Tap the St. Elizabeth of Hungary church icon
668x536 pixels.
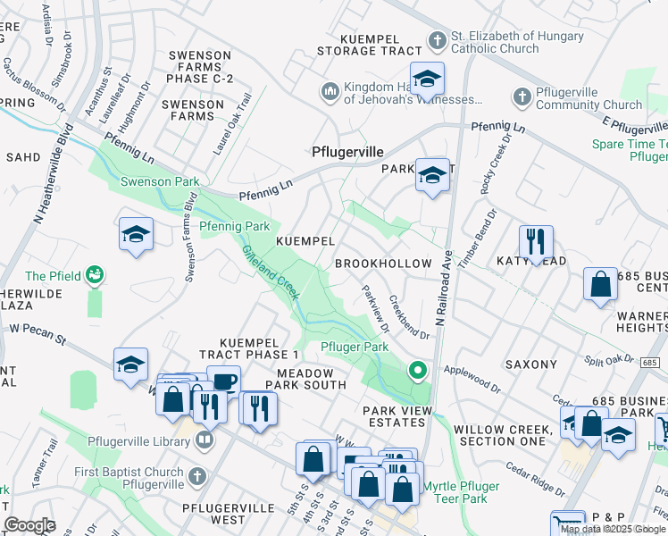coord(437,40)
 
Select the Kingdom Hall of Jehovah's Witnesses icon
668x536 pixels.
coord(330,90)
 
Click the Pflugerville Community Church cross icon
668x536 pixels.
coord(522,96)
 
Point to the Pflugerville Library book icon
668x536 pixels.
coord(205,440)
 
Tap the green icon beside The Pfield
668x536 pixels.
coord(96,276)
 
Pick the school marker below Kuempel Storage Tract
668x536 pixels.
coord(427,79)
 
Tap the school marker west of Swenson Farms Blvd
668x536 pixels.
coord(135,235)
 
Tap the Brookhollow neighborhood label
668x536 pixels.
coord(383,264)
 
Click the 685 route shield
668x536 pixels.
coord(649,362)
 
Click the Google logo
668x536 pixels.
coord(29,525)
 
